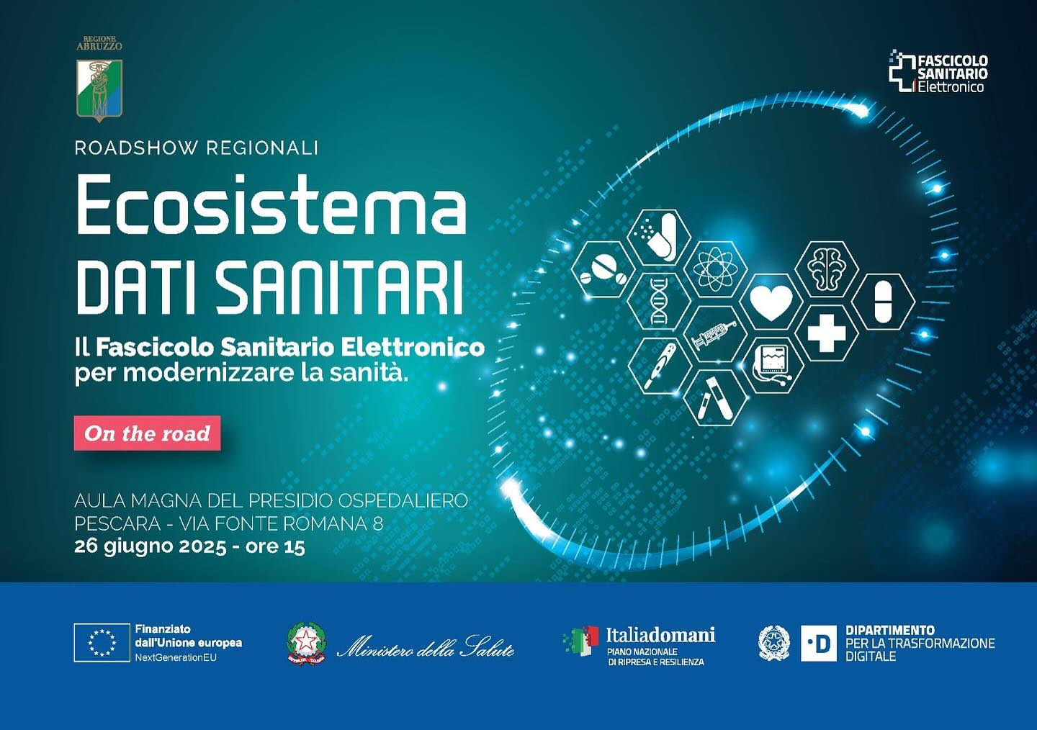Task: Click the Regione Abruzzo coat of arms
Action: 99,89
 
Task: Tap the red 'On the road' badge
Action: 147,433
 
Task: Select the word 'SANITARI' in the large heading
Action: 339,288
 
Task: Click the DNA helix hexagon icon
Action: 658,299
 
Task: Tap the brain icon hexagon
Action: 827,269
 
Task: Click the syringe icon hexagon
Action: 714,333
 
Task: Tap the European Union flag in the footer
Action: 102,642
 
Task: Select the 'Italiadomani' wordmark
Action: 660,634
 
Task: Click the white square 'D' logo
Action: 818,643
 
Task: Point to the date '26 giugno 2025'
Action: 151,546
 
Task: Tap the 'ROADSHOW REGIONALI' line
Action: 196,148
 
